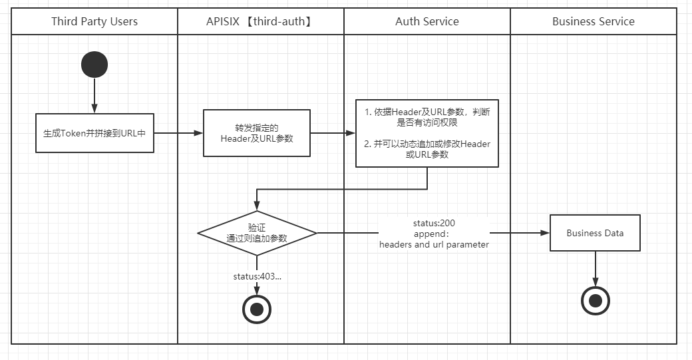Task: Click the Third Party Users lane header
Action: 94,21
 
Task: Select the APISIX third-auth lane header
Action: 260,21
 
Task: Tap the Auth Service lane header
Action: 427,21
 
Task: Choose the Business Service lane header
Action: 593,21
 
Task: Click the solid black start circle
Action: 94,64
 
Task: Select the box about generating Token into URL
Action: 94,133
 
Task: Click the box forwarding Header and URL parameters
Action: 256,133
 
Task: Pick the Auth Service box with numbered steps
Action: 427,133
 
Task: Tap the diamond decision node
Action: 256,233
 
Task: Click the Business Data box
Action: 595,233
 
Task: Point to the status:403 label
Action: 257,276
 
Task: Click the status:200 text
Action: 434,223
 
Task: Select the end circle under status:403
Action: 257,308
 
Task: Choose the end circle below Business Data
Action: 595,301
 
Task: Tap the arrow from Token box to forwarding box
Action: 178,133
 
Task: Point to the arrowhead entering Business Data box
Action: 545,233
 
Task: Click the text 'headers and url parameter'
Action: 434,244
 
